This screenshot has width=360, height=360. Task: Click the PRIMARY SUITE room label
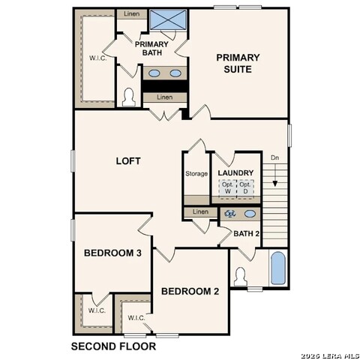click(x=238, y=63)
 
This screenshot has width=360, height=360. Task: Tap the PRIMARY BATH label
click(x=151, y=49)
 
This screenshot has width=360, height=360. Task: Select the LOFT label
click(x=127, y=160)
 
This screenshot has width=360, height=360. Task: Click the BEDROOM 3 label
click(x=112, y=253)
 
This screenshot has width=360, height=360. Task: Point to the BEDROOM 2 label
click(x=190, y=291)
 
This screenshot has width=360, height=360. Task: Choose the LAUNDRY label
click(x=235, y=173)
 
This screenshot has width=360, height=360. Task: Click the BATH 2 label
click(x=246, y=234)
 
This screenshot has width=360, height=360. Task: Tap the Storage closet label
click(x=196, y=174)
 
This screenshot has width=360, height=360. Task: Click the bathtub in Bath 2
click(x=277, y=268)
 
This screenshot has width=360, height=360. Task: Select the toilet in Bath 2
click(x=241, y=275)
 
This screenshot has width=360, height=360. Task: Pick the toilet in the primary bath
click(x=129, y=97)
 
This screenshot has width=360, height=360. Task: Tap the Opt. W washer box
click(x=228, y=187)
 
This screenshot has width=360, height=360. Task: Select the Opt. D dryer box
click(x=244, y=187)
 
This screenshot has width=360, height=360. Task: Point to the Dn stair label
click(x=275, y=158)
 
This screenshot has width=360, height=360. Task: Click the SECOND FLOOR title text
click(x=113, y=346)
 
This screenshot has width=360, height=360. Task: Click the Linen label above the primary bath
click(x=130, y=14)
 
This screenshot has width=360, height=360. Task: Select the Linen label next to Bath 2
click(x=199, y=212)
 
